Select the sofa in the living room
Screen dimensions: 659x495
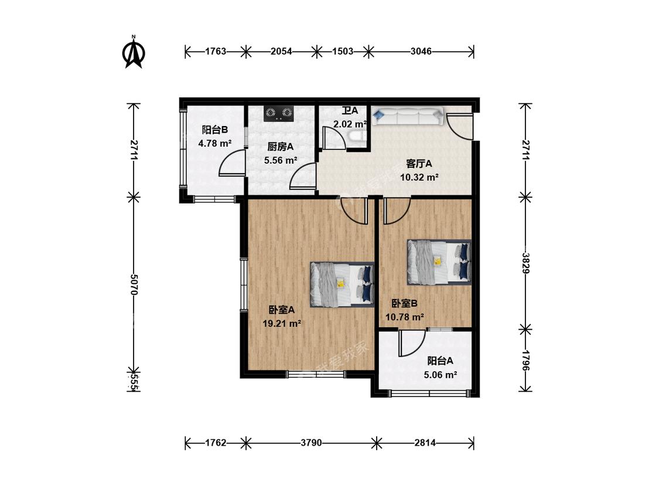(407, 116)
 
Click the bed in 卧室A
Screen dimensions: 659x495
(342, 284)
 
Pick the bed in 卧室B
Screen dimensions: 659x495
(439, 262)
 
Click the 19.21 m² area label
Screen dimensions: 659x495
(282, 323)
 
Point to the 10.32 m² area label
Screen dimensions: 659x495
(419, 177)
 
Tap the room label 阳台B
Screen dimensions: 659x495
(215, 130)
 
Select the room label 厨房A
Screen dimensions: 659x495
(281, 147)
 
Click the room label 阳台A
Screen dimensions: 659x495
(440, 361)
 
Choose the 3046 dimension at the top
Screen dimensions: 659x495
(421, 52)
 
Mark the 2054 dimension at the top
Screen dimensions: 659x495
(281, 52)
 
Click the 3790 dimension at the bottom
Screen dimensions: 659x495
(312, 442)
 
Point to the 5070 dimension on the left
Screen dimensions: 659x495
(134, 284)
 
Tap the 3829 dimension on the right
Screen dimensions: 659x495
(525, 262)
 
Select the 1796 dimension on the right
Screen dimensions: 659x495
(525, 360)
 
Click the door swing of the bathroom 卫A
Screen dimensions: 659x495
(334, 137)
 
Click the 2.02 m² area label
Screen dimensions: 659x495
(350, 124)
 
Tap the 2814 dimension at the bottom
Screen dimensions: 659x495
(425, 442)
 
